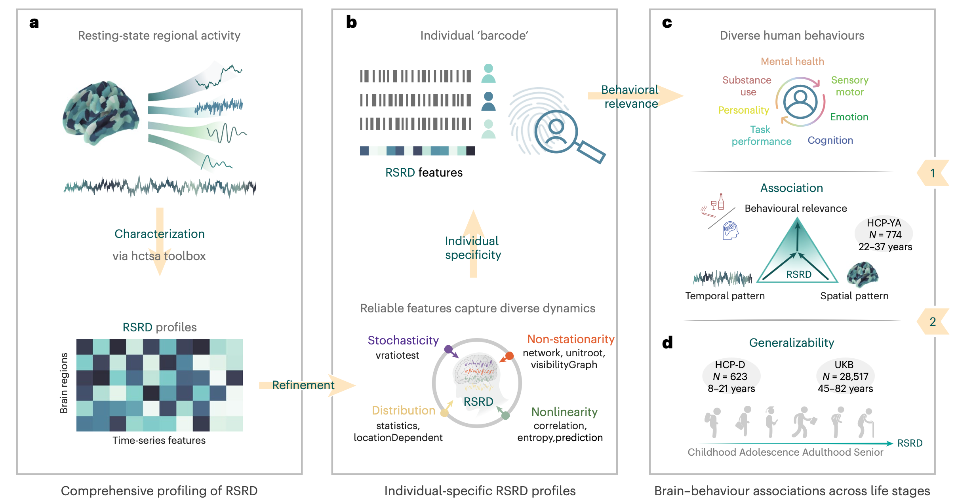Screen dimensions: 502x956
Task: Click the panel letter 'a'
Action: (34, 23)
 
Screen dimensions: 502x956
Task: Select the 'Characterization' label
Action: (159, 234)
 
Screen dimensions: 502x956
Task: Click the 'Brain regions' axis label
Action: (64, 383)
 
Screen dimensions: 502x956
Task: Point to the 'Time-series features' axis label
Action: (159, 440)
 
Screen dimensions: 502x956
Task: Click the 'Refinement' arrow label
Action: (303, 385)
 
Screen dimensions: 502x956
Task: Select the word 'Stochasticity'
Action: (403, 340)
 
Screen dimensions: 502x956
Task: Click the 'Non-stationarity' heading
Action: (570, 339)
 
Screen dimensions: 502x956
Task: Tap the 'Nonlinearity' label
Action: (564, 412)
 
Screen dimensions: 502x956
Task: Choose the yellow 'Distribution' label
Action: (403, 411)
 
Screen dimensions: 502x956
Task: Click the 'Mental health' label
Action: (792, 61)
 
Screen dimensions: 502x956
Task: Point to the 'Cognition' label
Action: (830, 141)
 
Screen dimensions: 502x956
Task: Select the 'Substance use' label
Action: (747, 86)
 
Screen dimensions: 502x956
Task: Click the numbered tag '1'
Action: (933, 173)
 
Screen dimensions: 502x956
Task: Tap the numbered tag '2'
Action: (933, 321)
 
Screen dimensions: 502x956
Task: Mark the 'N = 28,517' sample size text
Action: (845, 376)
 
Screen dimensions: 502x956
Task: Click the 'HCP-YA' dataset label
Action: (884, 223)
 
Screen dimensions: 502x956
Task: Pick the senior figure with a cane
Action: (866, 423)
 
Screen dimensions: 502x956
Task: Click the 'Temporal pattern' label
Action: (725, 296)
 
